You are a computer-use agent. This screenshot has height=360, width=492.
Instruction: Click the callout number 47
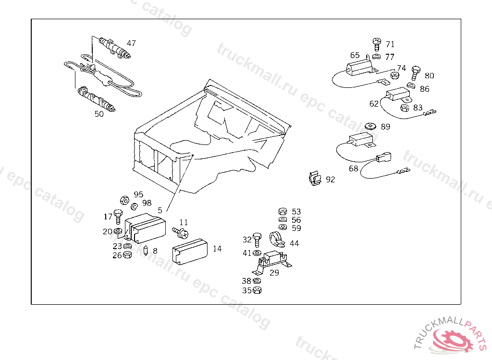131,43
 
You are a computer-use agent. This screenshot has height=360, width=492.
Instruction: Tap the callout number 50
99,114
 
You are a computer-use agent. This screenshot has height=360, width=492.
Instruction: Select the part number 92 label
330,180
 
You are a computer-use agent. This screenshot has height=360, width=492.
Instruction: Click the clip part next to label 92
314,180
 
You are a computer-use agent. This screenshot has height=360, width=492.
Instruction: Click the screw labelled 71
377,44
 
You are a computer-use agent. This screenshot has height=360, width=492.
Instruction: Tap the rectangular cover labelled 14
190,251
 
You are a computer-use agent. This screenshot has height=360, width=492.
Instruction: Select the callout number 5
160,210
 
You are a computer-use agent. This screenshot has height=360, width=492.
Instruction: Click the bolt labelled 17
118,217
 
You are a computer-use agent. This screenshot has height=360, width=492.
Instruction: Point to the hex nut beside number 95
123,199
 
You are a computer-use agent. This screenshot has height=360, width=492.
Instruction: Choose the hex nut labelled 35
257,290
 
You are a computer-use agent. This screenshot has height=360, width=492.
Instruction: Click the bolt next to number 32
257,239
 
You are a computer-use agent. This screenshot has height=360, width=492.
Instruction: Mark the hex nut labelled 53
283,212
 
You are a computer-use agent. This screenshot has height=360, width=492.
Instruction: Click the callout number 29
274,273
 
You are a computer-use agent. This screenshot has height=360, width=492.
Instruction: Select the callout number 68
354,168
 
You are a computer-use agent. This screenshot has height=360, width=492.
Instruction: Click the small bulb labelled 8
146,251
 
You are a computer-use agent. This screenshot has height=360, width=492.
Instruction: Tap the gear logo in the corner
452,339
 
